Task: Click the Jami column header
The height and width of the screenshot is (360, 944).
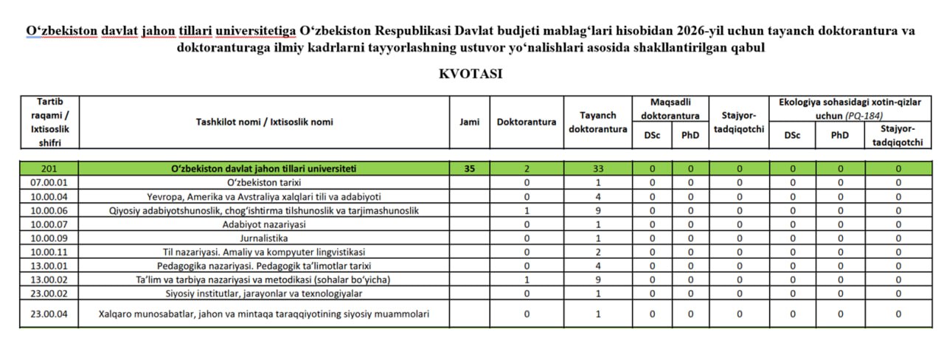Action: click(x=469, y=122)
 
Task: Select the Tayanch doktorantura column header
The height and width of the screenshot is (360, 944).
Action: click(x=598, y=122)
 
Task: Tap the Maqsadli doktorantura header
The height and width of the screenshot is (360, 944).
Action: click(x=670, y=108)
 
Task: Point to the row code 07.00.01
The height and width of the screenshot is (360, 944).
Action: click(x=49, y=181)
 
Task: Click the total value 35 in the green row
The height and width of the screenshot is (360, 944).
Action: click(x=469, y=168)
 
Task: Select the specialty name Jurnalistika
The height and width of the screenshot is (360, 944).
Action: click(x=263, y=238)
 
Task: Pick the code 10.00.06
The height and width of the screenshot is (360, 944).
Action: click(x=49, y=210)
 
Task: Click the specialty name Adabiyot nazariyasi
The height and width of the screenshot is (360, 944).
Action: click(x=263, y=224)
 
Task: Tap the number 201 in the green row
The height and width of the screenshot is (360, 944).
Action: click(x=49, y=168)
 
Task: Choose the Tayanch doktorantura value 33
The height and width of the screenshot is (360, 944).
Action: click(x=598, y=168)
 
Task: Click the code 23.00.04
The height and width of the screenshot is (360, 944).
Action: click(x=49, y=314)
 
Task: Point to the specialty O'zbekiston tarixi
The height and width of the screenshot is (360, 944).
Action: click(x=263, y=181)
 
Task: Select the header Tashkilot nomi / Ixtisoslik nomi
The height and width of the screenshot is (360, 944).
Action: click(x=263, y=122)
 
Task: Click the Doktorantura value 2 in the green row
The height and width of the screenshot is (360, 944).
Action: click(x=527, y=168)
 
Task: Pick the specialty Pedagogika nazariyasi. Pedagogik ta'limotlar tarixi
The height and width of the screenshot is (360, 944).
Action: click(x=263, y=266)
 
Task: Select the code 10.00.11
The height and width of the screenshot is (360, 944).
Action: click(x=49, y=252)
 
